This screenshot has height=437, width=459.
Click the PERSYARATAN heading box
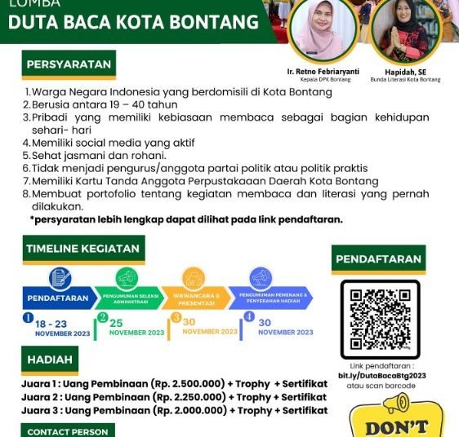click(x=69, y=65)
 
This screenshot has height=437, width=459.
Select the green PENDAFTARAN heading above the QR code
click(x=379, y=259)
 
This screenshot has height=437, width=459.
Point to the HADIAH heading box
click(x=51, y=359)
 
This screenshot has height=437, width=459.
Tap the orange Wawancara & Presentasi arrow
click(x=193, y=298)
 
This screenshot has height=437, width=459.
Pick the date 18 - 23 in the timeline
click(x=51, y=323)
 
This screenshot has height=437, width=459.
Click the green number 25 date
click(x=116, y=323)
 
